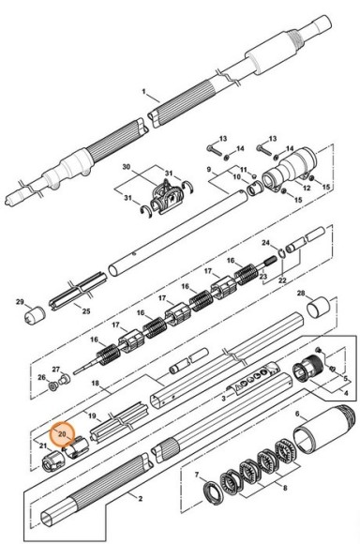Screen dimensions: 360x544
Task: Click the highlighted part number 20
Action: [62, 433]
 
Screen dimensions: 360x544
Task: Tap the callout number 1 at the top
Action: [144, 92]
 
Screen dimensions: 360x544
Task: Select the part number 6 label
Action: [297, 414]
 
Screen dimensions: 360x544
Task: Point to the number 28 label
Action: [301, 294]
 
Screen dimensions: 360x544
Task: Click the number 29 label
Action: [20, 301]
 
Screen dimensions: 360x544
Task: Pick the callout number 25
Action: [86, 310]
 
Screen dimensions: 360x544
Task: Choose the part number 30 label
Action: [127, 167]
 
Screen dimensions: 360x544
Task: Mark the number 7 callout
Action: [197, 475]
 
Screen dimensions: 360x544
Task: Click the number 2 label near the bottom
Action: [140, 499]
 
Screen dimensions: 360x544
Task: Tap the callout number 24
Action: [265, 243]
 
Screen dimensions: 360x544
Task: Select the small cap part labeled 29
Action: [35, 314]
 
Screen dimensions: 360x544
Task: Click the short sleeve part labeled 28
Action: [319, 307]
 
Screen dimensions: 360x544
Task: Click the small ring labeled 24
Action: [281, 253]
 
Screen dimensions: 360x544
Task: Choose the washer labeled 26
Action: [53, 385]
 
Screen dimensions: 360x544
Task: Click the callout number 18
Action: [95, 383]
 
